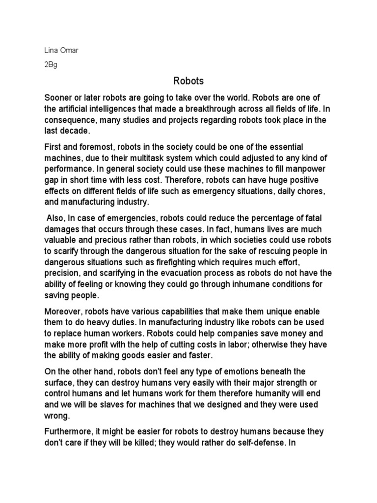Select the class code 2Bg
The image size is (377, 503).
[51, 65]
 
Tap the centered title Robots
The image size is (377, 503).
[188, 81]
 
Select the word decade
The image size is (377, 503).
[77, 130]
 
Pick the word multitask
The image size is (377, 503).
[148, 158]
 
